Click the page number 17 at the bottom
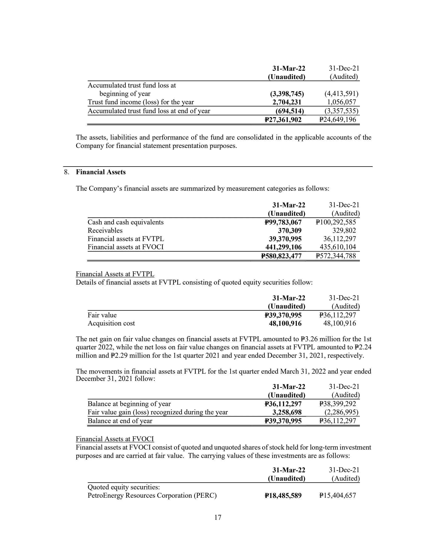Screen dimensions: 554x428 [218, 518]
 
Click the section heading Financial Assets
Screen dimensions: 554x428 [101, 172]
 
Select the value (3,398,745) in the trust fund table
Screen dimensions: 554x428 [287, 94]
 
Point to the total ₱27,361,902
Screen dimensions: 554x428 [283, 120]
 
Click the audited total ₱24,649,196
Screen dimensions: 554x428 [337, 120]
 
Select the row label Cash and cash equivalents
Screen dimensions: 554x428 [126, 222]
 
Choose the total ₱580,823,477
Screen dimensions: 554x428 [281, 256]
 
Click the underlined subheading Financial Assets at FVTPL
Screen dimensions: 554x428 [115, 274]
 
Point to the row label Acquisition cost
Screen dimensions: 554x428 [111, 323]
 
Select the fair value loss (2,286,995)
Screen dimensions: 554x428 [340, 412]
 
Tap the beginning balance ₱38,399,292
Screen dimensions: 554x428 [337, 404]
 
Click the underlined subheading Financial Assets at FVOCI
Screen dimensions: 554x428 [115, 439]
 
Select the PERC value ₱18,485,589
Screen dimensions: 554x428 [283, 496]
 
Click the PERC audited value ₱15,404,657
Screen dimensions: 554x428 [337, 496]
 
